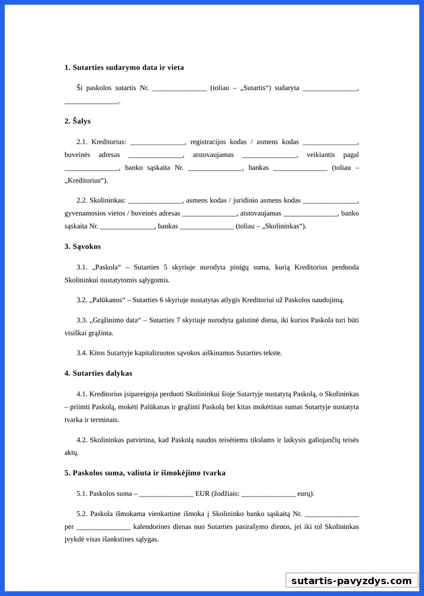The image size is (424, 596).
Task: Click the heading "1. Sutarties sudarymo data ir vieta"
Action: (x=124, y=68)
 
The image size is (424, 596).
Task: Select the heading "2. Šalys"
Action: (x=78, y=121)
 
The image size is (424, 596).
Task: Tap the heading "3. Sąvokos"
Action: (x=82, y=246)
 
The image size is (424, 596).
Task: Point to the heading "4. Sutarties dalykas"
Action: (x=98, y=373)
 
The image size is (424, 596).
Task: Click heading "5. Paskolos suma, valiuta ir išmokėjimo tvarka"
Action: (x=144, y=473)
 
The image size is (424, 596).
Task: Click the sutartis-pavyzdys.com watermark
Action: (x=351, y=581)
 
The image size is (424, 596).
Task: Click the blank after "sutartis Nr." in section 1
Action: (x=179, y=88)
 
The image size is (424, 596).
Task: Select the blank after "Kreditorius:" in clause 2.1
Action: (x=157, y=142)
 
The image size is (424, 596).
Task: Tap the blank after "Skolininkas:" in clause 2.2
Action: (x=155, y=200)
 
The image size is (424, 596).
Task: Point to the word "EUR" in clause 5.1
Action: (x=202, y=494)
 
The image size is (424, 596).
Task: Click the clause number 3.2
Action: (x=82, y=300)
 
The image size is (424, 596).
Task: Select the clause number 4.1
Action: (x=82, y=394)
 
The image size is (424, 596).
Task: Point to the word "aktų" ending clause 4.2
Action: (x=71, y=452)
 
